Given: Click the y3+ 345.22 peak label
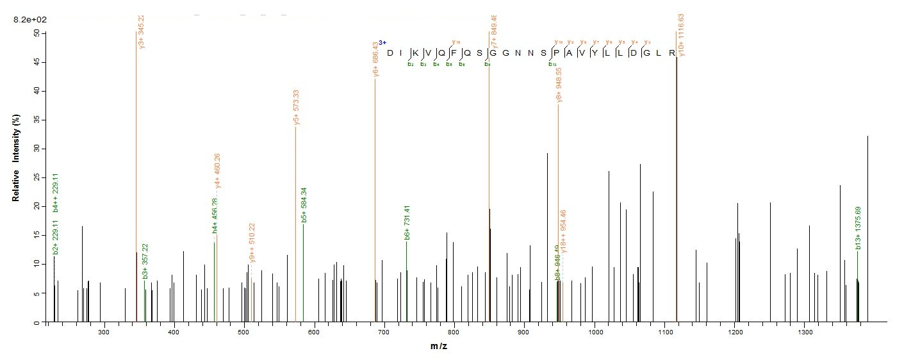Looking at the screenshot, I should coord(142,32).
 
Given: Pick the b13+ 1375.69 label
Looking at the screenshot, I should coord(858,229).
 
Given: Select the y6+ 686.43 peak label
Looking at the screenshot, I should coord(375,60).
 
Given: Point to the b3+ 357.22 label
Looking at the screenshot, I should coord(145,261).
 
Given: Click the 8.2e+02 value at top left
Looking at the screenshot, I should coord(30,20).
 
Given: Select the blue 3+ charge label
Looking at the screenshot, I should coord(382,42).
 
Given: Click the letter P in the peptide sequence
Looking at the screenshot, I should coord(557,53).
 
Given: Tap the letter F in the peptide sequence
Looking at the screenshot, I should coord(454,53).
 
